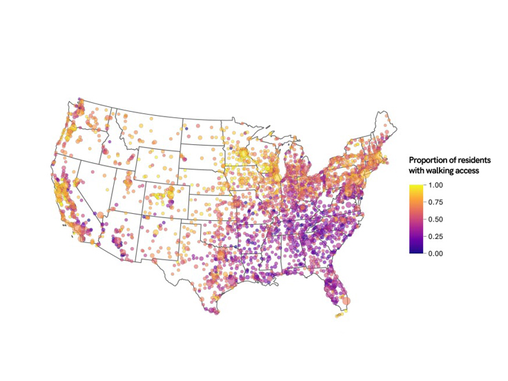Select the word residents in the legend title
[x=470, y=160]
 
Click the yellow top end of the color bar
[x=416, y=187]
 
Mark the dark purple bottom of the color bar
[x=416, y=251]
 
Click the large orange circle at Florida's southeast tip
[x=346, y=300]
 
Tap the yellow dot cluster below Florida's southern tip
[x=339, y=315]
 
